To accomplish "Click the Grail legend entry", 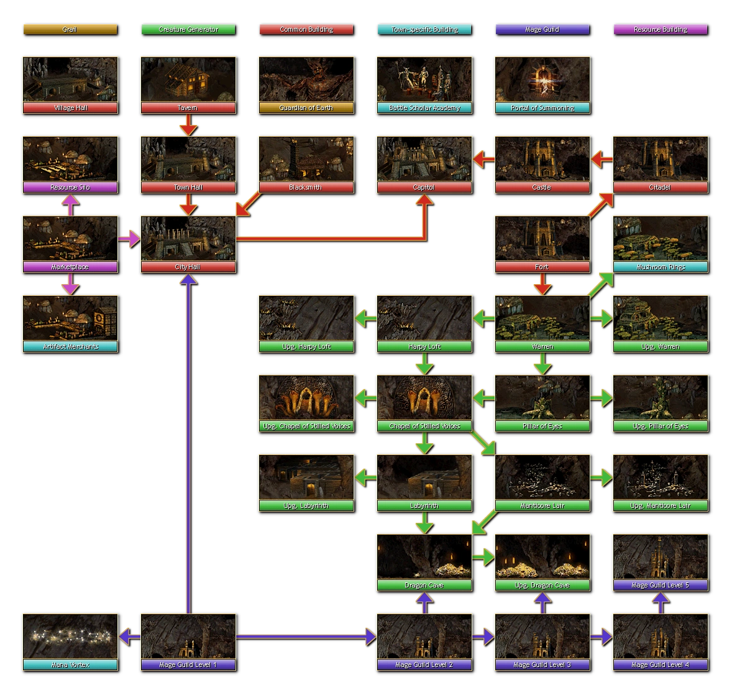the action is click(70, 29).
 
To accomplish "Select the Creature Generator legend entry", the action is click(188, 29).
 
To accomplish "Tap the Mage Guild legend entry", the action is click(542, 29).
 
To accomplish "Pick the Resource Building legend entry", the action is click(660, 29).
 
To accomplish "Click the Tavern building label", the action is click(188, 108).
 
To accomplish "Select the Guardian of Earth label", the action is click(306, 108).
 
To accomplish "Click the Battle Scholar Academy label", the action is click(424, 108).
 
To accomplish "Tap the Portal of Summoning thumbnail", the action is click(542, 80).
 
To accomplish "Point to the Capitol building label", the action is click(424, 188).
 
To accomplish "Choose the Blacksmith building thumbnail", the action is click(306, 159).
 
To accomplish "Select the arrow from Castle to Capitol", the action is click(483, 160).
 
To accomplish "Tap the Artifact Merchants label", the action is click(70, 347).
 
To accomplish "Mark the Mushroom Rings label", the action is click(660, 267).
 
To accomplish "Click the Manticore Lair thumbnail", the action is click(542, 477).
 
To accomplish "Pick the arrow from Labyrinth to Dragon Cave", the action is click(424, 523).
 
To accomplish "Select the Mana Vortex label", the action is click(70, 665).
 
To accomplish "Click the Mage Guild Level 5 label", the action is click(660, 586).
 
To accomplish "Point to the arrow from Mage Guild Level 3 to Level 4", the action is click(601, 637).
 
